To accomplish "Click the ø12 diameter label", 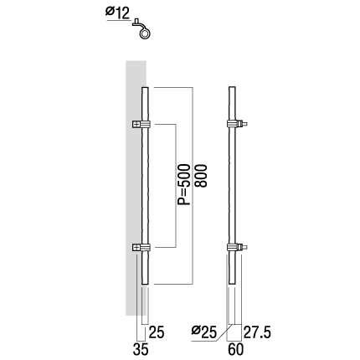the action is coord(118,13).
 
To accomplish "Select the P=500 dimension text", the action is coord(184,185).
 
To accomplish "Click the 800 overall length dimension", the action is coord(201,176).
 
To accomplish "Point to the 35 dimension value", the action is coord(141,349).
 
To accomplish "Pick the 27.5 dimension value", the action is coord(257,332).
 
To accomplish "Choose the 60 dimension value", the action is coord(236,349).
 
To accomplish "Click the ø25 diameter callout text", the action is coord(204,332).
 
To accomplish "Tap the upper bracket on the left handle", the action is coord(141,124).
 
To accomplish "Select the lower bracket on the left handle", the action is coord(141,248).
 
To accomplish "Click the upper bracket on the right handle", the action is coord(237,124).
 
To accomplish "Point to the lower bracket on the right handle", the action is coord(237,247).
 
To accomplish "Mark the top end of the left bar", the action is coord(145,88).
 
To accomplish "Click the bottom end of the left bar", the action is coord(145,284).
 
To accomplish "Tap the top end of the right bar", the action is coord(232,87).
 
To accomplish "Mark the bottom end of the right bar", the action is coord(232,284).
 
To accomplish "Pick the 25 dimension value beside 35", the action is coord(157,332).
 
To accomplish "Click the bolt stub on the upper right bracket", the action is coord(244,124).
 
